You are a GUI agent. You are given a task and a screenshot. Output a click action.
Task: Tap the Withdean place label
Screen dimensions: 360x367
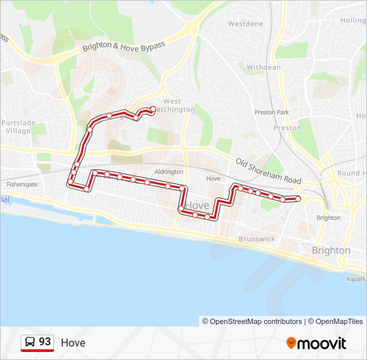[264, 67]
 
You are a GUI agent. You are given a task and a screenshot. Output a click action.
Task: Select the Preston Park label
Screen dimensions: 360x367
[272, 113]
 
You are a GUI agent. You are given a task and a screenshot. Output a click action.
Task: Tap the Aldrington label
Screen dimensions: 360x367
[168, 172]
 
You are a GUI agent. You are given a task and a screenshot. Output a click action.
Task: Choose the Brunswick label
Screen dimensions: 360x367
[256, 238]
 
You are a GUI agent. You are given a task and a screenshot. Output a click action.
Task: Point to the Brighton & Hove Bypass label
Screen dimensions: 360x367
[123, 43]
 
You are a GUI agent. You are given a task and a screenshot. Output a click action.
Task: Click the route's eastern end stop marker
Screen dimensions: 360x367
[298, 199]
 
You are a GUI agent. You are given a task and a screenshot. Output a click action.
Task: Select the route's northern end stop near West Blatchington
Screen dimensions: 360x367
[153, 109]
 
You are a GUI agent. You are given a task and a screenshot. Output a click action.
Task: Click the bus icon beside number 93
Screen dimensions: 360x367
[30, 342]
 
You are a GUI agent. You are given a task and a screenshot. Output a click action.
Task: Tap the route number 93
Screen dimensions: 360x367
[45, 342]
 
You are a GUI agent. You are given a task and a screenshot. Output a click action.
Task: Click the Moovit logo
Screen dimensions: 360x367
[316, 343]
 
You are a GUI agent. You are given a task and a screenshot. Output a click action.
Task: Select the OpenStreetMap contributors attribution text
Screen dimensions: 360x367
[252, 321]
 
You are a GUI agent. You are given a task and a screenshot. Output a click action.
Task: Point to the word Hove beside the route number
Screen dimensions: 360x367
[73, 343]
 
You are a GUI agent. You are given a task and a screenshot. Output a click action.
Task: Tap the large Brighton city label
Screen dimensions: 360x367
[330, 250]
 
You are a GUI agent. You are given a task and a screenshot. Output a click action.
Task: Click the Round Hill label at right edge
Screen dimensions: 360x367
[351, 173]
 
